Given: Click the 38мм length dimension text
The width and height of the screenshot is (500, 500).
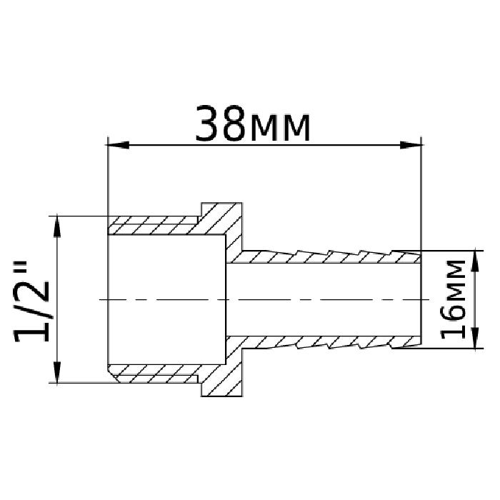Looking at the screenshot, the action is click(x=253, y=124).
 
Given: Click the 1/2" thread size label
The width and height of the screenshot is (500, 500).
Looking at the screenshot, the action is click(x=31, y=301).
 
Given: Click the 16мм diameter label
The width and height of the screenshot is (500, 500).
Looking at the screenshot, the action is click(x=453, y=299).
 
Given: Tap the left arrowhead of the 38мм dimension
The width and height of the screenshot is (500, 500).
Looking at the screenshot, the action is click(x=117, y=145).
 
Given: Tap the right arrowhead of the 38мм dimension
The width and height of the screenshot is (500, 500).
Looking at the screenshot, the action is click(x=411, y=145).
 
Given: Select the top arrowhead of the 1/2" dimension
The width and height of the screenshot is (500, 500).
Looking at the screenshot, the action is click(x=57, y=226).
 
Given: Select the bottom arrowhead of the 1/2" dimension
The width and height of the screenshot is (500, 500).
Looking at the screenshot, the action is click(x=57, y=372).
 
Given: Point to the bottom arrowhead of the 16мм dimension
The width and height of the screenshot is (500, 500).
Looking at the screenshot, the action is click(x=476, y=338).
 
